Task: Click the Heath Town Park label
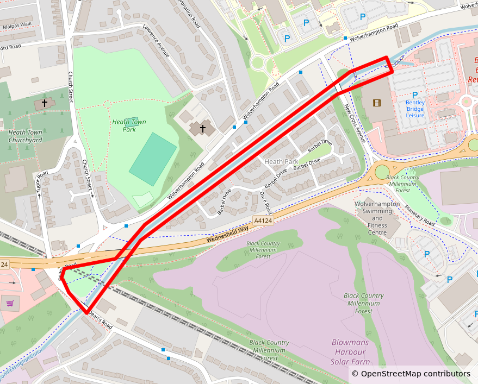129,125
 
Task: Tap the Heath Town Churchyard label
25,136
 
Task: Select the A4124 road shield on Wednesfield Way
263,221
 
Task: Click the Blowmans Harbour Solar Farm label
350,352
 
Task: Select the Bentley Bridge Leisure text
415,108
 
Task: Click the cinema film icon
377,102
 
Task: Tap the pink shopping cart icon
10,303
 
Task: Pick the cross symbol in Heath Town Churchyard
44,102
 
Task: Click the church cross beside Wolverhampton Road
202,128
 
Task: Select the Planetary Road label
419,215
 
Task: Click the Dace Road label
265,202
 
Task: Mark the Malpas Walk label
17,25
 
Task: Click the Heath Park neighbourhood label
281,162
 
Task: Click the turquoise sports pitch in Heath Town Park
153,159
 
